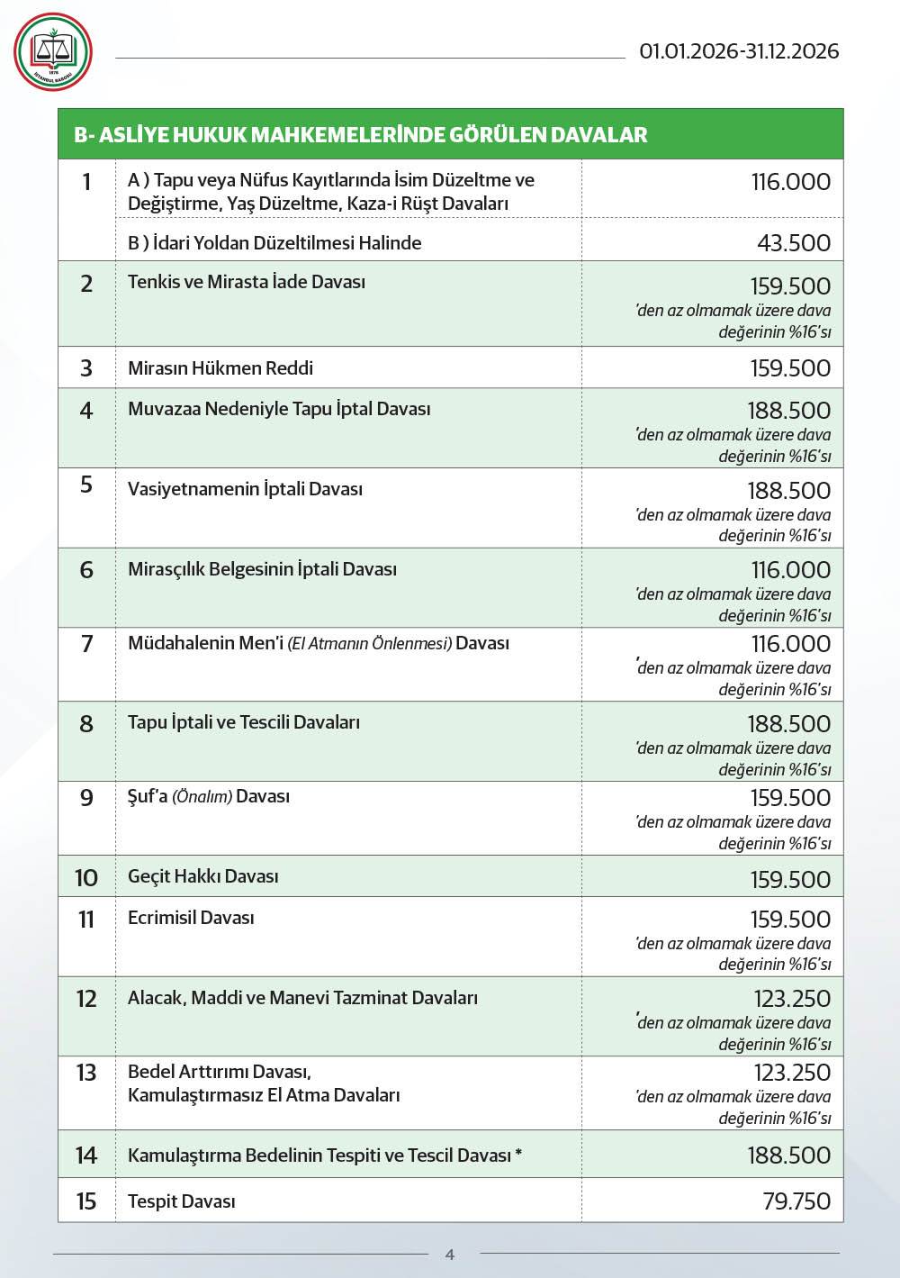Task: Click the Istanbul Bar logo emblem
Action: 53,52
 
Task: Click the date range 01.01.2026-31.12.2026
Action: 739,51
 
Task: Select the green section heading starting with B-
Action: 360,135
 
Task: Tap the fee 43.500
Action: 794,243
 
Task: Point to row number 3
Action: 86,368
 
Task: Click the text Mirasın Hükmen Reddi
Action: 220,368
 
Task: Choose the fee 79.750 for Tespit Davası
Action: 796,1201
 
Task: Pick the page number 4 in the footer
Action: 450,1254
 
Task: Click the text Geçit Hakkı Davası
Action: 203,876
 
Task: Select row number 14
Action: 86,1156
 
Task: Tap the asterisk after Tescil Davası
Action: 518,1154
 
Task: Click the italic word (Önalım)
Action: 202,797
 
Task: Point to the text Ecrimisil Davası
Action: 191,918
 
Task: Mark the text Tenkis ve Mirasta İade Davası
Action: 247,282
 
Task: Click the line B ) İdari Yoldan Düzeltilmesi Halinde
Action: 274,243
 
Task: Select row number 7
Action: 86,644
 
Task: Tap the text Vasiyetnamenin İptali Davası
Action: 245,489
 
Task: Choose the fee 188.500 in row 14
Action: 789,1156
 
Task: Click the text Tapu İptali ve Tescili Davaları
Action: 244,722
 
